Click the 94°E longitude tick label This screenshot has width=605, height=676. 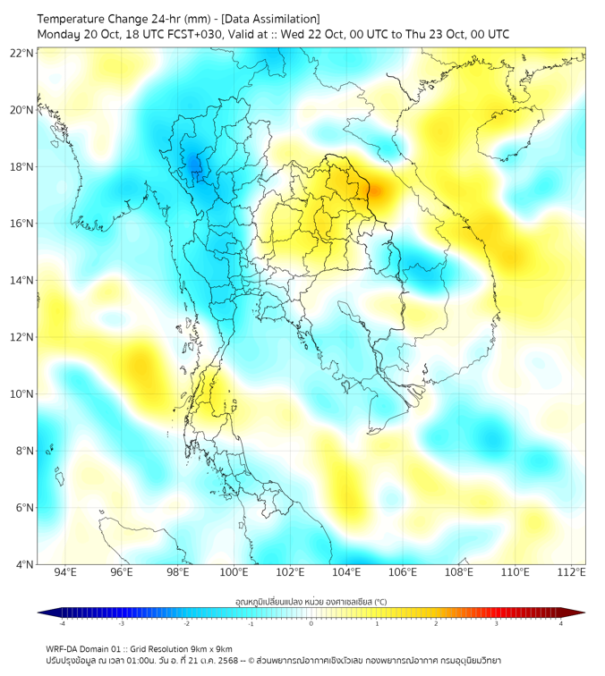(x=65, y=572)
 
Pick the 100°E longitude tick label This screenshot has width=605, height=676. (x=234, y=572)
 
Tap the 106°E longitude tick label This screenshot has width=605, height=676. (x=403, y=572)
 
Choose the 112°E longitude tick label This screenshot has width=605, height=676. (x=572, y=572)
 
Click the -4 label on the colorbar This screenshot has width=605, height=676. (x=62, y=623)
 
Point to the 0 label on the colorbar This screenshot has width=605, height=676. (x=311, y=623)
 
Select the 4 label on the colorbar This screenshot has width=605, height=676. (x=560, y=623)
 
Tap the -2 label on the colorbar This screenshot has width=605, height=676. (x=186, y=623)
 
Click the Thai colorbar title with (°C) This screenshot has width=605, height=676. (x=311, y=601)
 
